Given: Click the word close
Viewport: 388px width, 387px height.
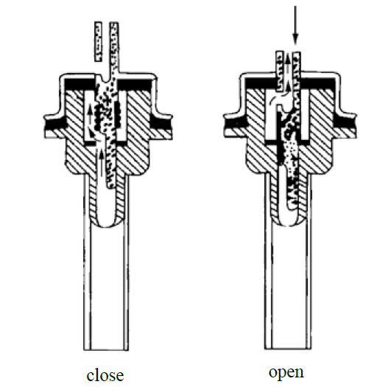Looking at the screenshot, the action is point(105,375).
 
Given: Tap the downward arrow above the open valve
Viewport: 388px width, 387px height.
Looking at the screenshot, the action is point(295,25).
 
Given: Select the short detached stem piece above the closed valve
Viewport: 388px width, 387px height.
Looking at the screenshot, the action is point(98,41).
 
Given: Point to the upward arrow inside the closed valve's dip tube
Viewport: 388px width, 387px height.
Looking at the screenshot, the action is point(101,161).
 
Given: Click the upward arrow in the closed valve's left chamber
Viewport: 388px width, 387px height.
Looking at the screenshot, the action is point(90,115).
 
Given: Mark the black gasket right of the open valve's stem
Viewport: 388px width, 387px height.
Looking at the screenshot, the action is point(318,84).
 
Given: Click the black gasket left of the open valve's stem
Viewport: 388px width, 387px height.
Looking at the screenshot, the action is point(261,84).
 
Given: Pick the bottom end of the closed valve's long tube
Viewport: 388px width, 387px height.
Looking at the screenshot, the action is point(106,349).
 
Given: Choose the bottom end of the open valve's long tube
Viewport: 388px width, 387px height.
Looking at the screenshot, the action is point(288,349).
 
